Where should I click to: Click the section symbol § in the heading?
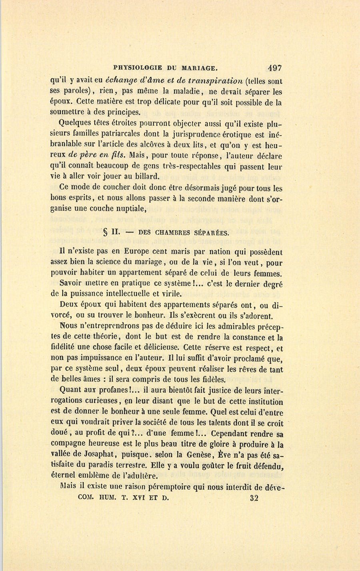coord(106,232)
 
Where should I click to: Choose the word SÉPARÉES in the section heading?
coord(212,232)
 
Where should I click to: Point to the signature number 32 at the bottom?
coord(253,498)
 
